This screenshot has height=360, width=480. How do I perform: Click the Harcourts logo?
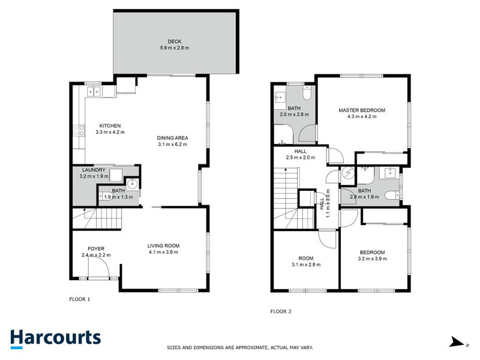tap(55, 338)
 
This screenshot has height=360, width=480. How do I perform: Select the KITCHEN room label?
tap(110, 125)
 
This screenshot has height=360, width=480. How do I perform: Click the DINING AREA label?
tap(173, 137)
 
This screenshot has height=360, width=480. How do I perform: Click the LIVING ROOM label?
tap(164, 245)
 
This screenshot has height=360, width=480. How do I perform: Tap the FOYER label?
tap(96, 248)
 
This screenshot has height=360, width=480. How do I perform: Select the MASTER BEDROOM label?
tap(361, 110)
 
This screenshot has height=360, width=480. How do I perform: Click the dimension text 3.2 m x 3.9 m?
tap(373, 259)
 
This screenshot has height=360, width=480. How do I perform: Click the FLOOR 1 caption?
tap(80, 298)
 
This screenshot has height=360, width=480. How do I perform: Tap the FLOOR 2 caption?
tap(280, 311)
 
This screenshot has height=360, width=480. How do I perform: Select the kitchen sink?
tap(93, 92)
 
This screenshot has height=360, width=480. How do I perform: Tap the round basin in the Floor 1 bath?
tap(132, 184)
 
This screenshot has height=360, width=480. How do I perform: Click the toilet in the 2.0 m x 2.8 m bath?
tap(307, 93)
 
